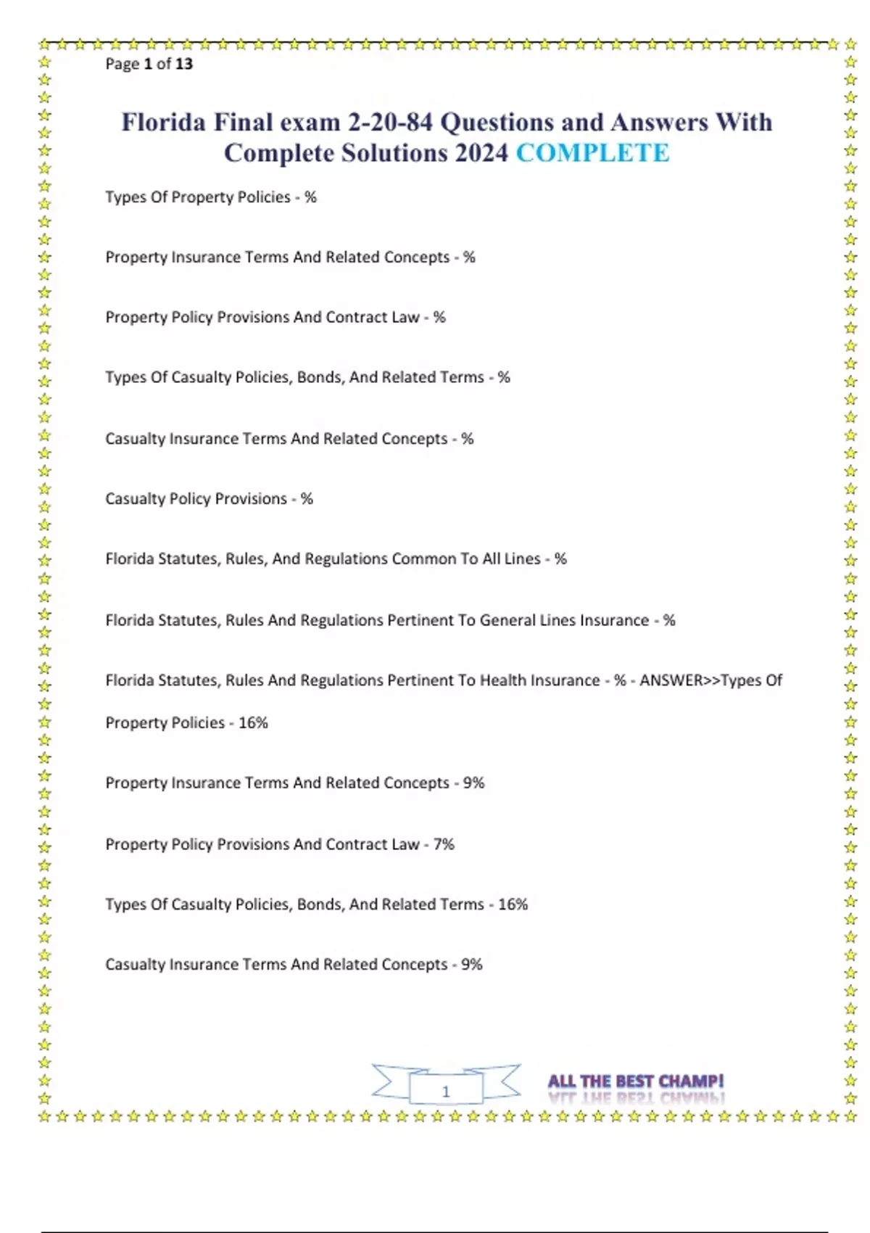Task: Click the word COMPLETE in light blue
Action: pos(592,153)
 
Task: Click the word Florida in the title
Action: pos(163,122)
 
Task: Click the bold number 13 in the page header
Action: pos(184,64)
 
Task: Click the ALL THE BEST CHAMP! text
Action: pos(636,1081)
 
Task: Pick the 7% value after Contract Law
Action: pos(444,844)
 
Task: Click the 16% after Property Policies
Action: pos(253,723)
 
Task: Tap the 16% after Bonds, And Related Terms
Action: pos(513,904)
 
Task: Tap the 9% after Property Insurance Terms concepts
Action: pos(473,783)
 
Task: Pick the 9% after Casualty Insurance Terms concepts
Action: pos(471,965)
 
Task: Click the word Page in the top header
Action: pos(122,64)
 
